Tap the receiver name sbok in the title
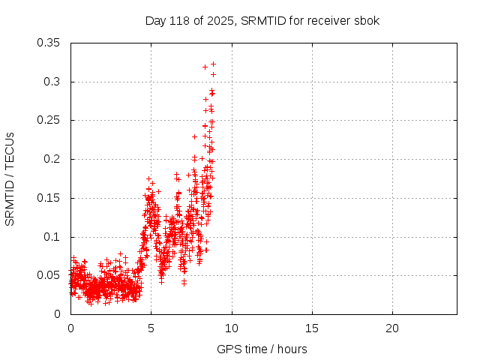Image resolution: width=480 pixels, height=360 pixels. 367,21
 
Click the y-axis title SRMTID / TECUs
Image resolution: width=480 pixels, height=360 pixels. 10,179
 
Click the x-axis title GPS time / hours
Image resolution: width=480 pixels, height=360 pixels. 262,349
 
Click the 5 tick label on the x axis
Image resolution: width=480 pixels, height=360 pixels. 151,328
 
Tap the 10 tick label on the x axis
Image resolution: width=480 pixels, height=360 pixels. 232,328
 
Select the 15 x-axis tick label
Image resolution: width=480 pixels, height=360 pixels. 312,328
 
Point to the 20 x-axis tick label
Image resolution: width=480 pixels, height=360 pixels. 392,328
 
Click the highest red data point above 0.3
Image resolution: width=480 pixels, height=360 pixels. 213,64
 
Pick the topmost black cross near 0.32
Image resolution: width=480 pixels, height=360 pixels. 205,67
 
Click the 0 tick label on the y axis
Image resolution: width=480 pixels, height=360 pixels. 58,314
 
